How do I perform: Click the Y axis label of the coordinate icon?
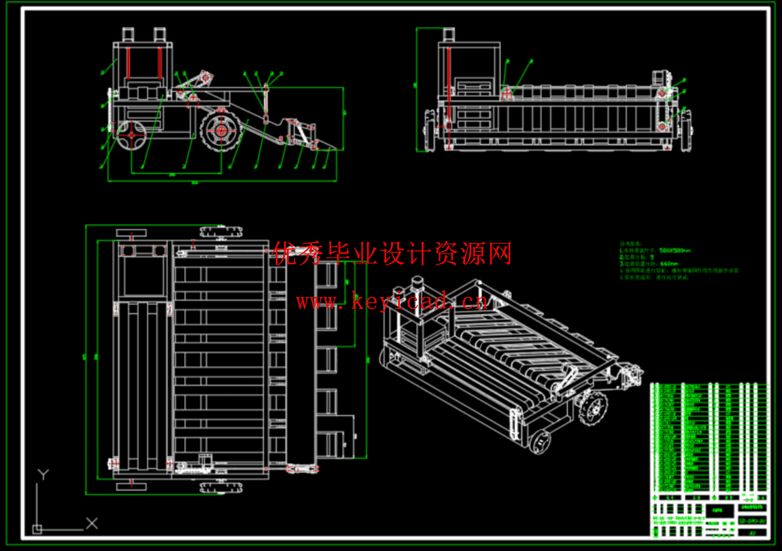[44, 474]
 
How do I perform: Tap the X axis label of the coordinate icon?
[92, 522]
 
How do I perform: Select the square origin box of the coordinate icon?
[37, 529]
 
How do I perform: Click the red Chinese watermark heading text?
[392, 254]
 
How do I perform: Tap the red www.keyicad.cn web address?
[391, 301]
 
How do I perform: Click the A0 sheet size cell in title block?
[753, 533]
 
